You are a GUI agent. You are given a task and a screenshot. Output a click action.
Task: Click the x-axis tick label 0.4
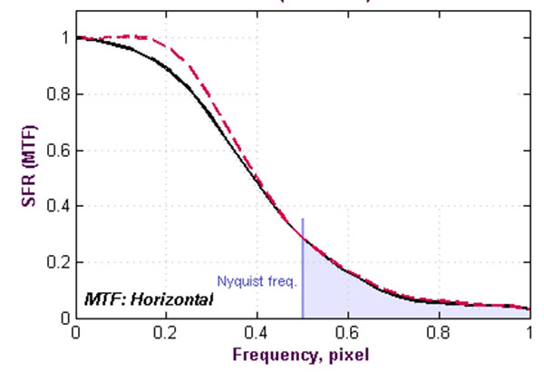coord(257,333)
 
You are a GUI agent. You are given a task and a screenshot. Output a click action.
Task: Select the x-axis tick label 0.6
coord(347,333)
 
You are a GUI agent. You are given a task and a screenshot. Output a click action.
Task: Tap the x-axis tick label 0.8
coord(439,333)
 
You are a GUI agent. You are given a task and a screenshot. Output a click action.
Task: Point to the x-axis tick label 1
coord(529,333)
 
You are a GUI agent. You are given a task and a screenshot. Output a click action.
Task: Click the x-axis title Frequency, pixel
coord(302,354)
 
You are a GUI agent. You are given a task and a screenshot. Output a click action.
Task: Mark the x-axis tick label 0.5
coord(302,333)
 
